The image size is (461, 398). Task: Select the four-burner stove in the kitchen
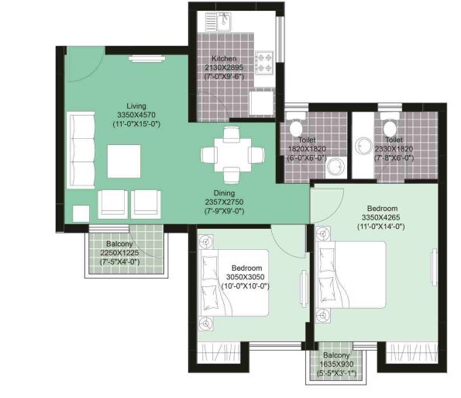click(264, 63)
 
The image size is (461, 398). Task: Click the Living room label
click(136, 106)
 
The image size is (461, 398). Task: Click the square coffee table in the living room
click(124, 161)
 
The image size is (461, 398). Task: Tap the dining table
click(232, 154)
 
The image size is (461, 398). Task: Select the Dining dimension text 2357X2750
click(225, 202)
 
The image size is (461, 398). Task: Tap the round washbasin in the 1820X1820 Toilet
click(335, 166)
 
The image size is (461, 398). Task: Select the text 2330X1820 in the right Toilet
click(394, 149)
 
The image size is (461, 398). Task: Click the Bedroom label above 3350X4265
click(382, 209)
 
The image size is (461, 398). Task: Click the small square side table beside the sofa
click(81, 213)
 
